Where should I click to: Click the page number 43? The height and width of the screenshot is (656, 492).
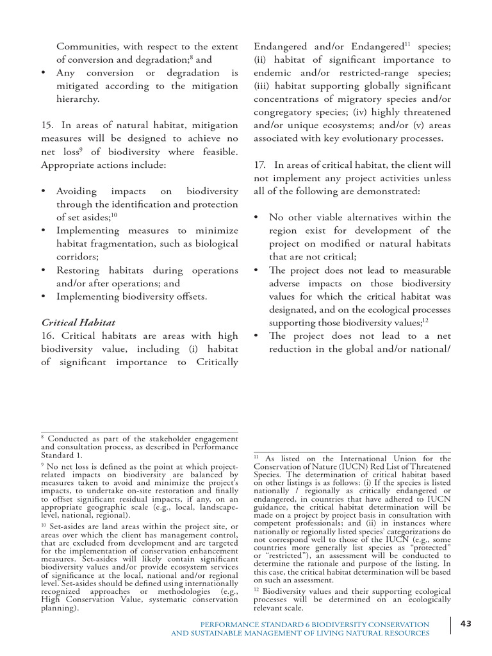pos(466,625)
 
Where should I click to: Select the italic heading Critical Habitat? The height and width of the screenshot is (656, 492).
pos(78,322)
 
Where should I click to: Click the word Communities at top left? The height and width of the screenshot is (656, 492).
pos(86,46)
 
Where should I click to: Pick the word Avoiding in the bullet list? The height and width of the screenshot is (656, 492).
pos(77,192)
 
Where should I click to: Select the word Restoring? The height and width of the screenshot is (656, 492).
pos(80,270)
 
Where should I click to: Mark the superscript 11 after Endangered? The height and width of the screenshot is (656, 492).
pos(406,43)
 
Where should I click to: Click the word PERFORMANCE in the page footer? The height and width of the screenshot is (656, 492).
pos(227,624)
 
